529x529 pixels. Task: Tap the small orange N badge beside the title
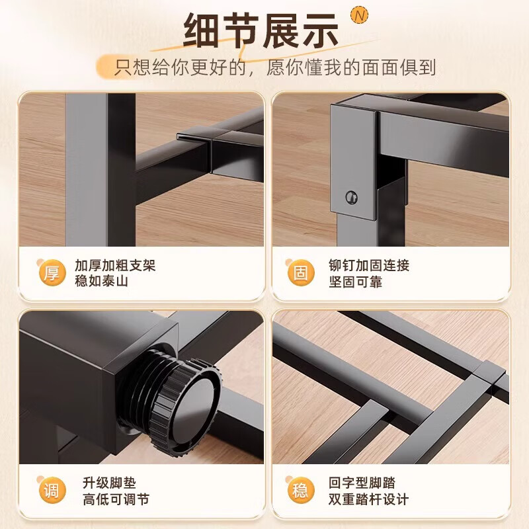pyautogui.click(x=359, y=13)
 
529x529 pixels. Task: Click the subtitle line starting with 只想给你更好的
pyautogui.click(x=276, y=67)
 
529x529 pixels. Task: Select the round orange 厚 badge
pyautogui.click(x=51, y=273)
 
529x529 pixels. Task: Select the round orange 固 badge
pyautogui.click(x=300, y=273)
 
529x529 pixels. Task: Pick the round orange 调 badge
pyautogui.click(x=51, y=491)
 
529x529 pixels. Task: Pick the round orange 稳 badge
pyautogui.click(x=300, y=491)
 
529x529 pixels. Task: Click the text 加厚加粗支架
pyautogui.click(x=115, y=266)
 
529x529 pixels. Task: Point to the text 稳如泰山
pyautogui.click(x=101, y=282)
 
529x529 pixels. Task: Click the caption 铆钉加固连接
pyautogui.click(x=369, y=266)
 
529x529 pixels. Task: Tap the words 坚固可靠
pyautogui.click(x=355, y=282)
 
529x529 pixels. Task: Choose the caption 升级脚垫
pyautogui.click(x=101, y=483)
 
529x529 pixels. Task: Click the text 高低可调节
pyautogui.click(x=108, y=499)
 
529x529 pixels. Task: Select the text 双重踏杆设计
pyautogui.click(x=369, y=499)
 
